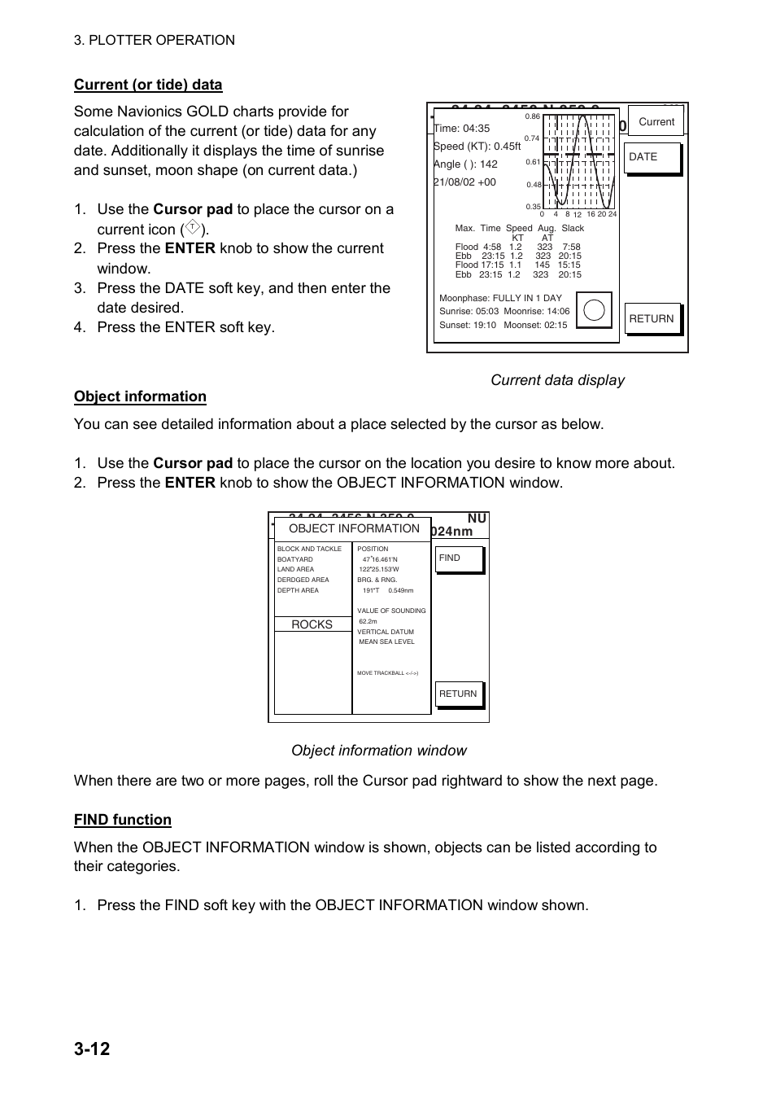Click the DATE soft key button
point(652,158)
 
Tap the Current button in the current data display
point(656,121)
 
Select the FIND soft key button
point(459,558)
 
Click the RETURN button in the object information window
point(459,694)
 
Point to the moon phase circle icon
point(594,310)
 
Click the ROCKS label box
point(312,624)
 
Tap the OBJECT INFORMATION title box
point(354,528)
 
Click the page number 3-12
point(92,1049)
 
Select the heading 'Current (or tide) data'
point(148,85)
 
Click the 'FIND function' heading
point(123,820)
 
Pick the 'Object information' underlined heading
point(140,396)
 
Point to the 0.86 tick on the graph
point(533,117)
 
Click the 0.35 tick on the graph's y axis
point(533,207)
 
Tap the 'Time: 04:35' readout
point(462,128)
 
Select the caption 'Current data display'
point(557,380)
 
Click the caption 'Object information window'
point(379,751)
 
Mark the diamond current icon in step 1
point(193,229)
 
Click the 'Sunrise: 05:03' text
point(469,311)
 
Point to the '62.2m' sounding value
point(368,621)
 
